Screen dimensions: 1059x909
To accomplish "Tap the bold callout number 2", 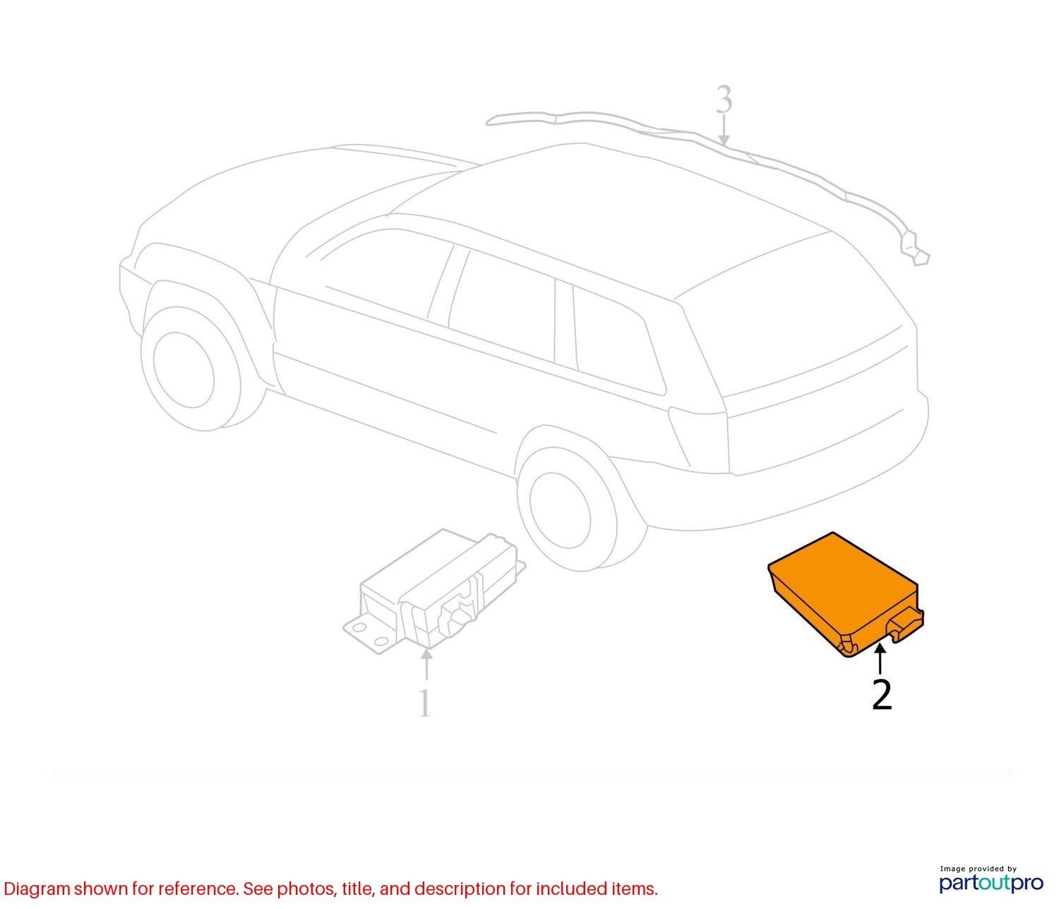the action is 882,694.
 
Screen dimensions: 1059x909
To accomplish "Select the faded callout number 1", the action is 424,703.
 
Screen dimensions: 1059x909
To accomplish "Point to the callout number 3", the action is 724,100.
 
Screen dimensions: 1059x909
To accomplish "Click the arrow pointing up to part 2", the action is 880,660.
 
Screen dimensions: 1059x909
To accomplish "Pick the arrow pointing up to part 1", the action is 426,664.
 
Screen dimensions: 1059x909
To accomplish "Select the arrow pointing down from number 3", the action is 724,130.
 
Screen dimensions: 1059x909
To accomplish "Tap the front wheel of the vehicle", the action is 191,369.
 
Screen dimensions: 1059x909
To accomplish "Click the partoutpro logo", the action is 991,884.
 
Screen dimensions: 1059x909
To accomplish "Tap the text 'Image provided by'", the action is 978,869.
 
